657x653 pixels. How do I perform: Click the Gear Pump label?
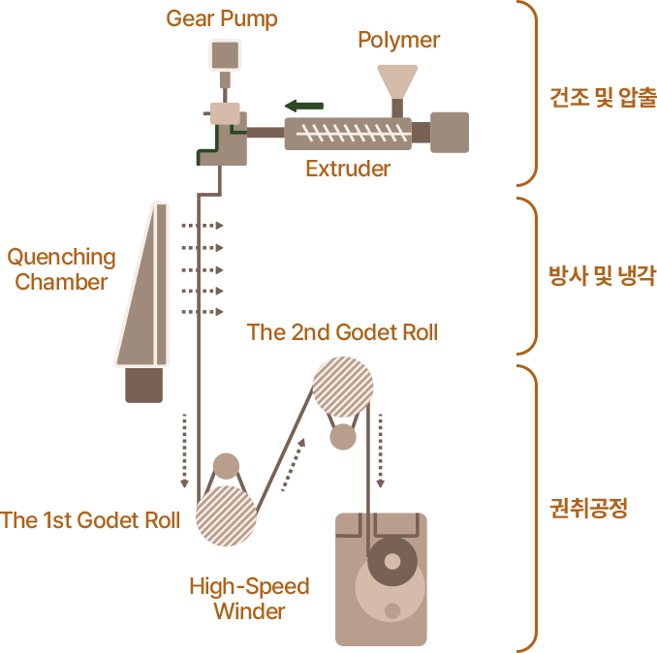coord(222,18)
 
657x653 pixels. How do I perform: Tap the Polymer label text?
coord(398,40)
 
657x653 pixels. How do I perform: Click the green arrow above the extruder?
coord(302,105)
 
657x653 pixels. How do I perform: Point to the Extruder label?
coord(347,169)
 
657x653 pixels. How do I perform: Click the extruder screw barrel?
coord(347,134)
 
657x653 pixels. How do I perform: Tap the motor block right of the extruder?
coord(449,132)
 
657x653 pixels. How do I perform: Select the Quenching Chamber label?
coord(62,270)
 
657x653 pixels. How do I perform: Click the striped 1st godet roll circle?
coord(226,515)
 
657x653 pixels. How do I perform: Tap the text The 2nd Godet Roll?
coord(342,332)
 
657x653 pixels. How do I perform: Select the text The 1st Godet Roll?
coord(90,520)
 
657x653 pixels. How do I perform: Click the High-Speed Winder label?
coord(249,598)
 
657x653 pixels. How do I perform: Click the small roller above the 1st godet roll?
coord(226,466)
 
